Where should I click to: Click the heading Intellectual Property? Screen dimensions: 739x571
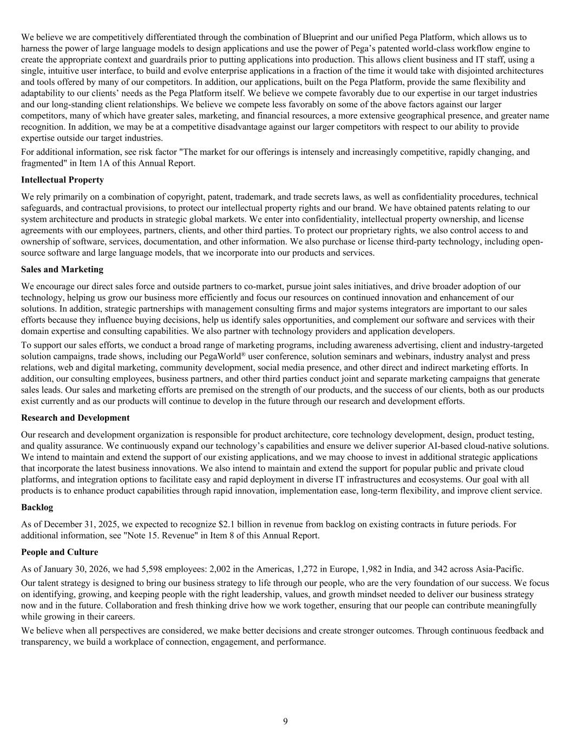coord(62,180)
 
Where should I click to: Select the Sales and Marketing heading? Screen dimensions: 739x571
coord(62,270)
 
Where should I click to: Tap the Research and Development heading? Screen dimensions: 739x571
coord(75,418)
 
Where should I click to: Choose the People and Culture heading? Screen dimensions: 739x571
coord(60,552)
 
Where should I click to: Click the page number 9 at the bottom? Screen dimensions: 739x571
coord(285,721)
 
